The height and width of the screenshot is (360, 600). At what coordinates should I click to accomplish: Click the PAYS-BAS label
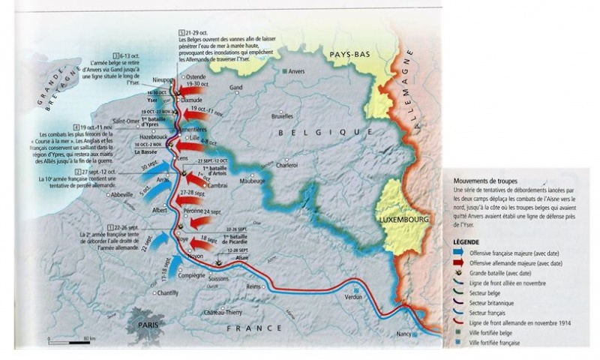pyautogui.click(x=346, y=54)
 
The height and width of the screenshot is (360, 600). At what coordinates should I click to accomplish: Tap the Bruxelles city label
pyautogui.click(x=282, y=116)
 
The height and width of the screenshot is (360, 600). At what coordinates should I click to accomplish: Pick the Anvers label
pyautogui.click(x=298, y=70)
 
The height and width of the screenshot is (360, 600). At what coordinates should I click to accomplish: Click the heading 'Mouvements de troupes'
pyautogui.click(x=485, y=181)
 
